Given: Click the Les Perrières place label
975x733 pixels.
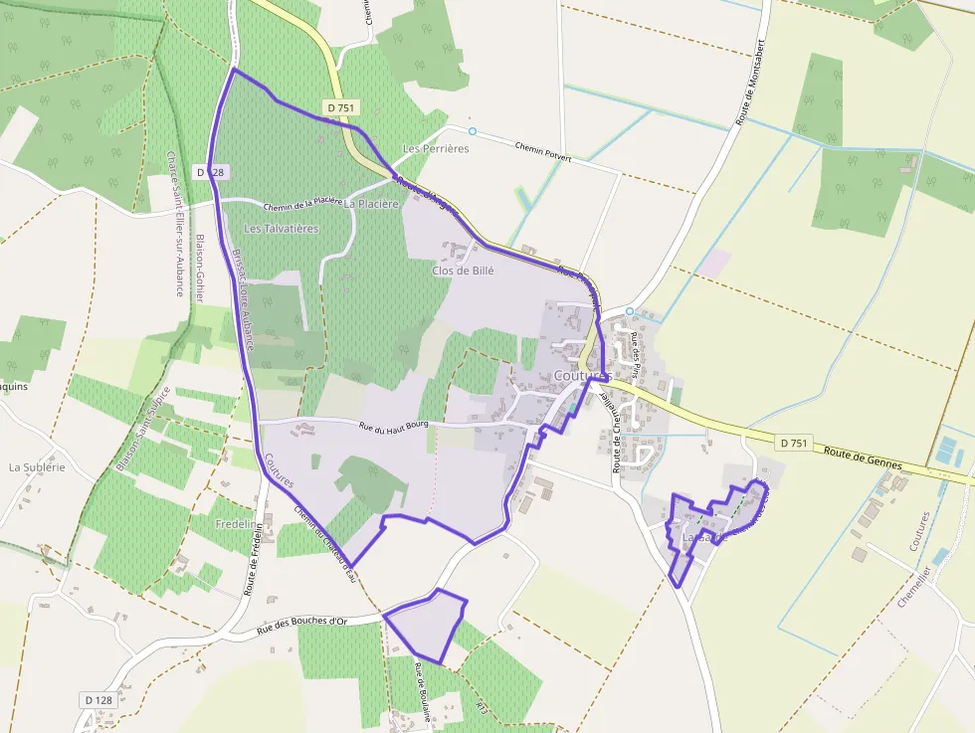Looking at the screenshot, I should [435, 149].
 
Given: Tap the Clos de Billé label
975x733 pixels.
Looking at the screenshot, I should [463, 271].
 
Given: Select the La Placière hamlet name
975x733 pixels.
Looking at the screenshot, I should [371, 204].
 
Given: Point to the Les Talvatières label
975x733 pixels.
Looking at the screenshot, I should [282, 229].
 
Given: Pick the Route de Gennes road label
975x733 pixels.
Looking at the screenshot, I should [862, 458].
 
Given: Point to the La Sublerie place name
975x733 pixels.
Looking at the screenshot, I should [37, 466].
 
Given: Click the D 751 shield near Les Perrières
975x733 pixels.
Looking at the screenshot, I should [340, 107].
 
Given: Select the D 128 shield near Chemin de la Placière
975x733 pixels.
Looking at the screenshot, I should [212, 172].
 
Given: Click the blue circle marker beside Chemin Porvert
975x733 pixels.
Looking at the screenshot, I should [473, 131].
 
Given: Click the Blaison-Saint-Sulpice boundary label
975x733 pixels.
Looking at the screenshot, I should [144, 429].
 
